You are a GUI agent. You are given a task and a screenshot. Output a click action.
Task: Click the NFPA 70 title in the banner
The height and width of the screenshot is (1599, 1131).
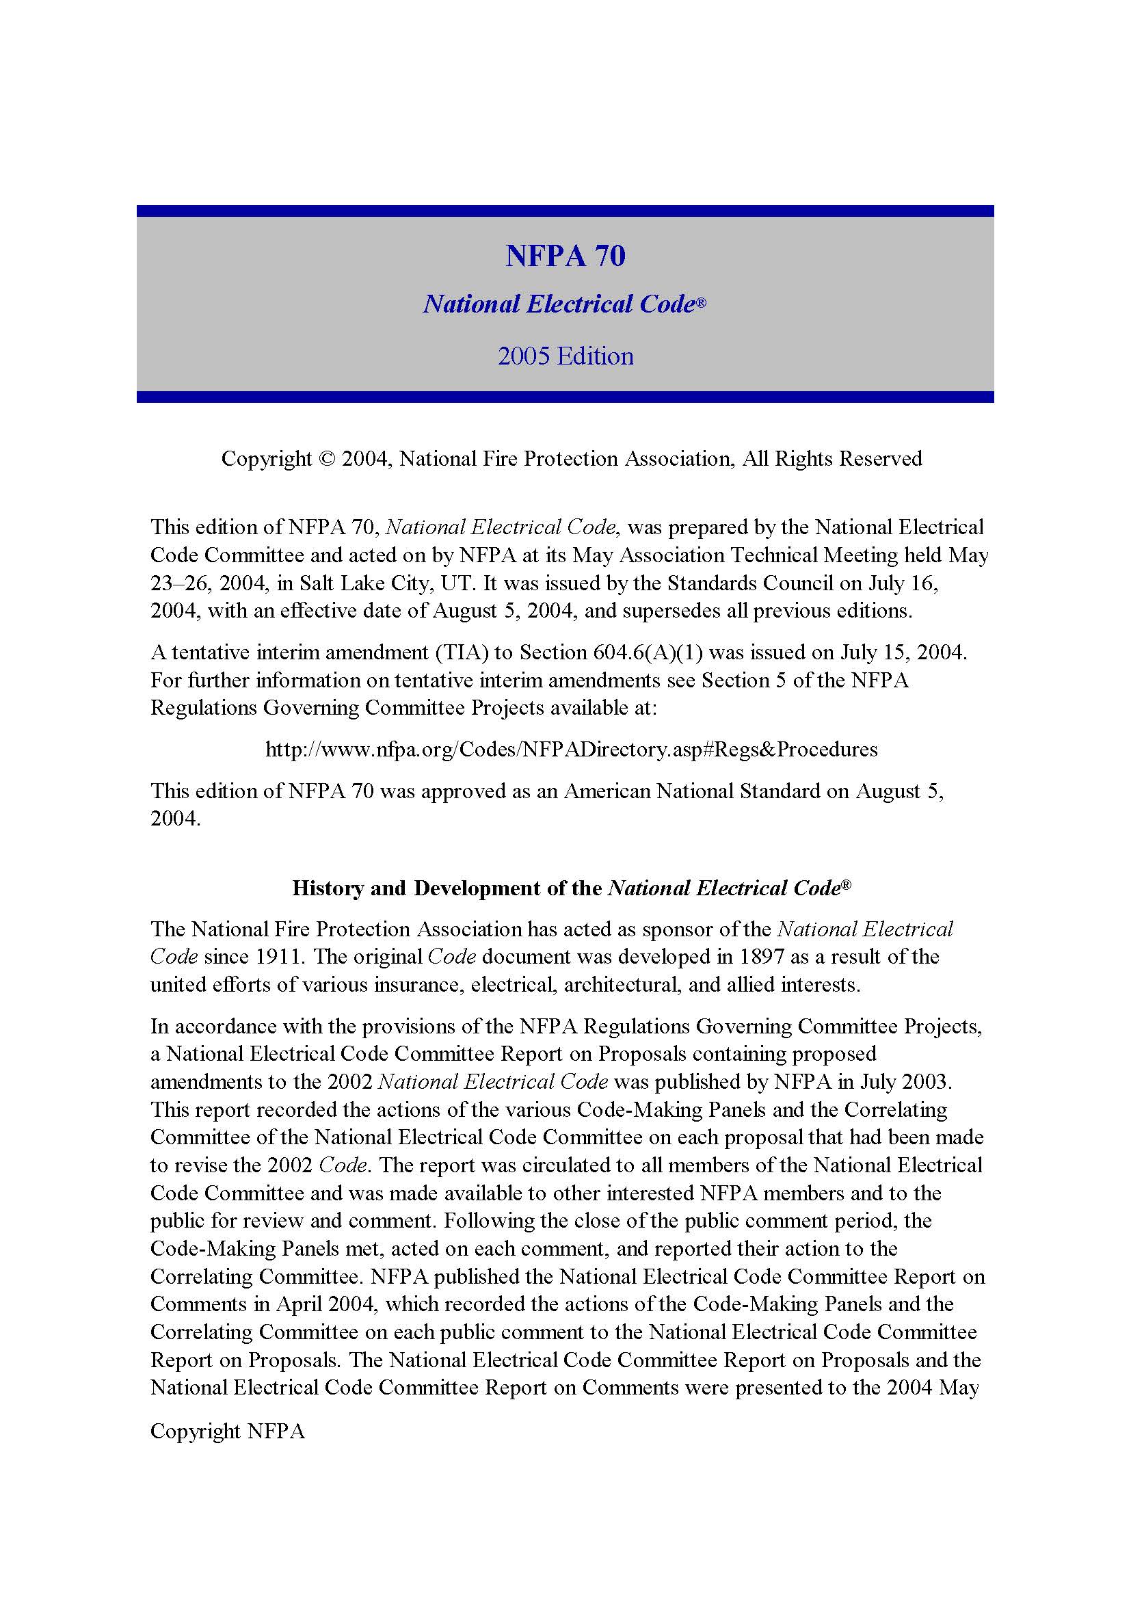pyautogui.click(x=565, y=256)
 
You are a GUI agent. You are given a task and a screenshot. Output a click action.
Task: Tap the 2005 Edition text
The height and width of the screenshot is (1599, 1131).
pyautogui.click(x=565, y=356)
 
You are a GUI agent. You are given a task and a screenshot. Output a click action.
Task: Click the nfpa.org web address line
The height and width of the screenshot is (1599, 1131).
pyautogui.click(x=571, y=750)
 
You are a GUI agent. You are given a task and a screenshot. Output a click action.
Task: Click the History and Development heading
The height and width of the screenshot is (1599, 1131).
pyautogui.click(x=571, y=888)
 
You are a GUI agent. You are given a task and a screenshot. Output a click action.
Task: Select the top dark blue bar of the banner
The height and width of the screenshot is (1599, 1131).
pyautogui.click(x=565, y=211)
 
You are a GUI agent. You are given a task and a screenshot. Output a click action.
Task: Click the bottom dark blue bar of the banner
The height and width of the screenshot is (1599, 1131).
pyautogui.click(x=565, y=397)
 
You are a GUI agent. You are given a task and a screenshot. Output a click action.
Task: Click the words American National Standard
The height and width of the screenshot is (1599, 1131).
pyautogui.click(x=692, y=791)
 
